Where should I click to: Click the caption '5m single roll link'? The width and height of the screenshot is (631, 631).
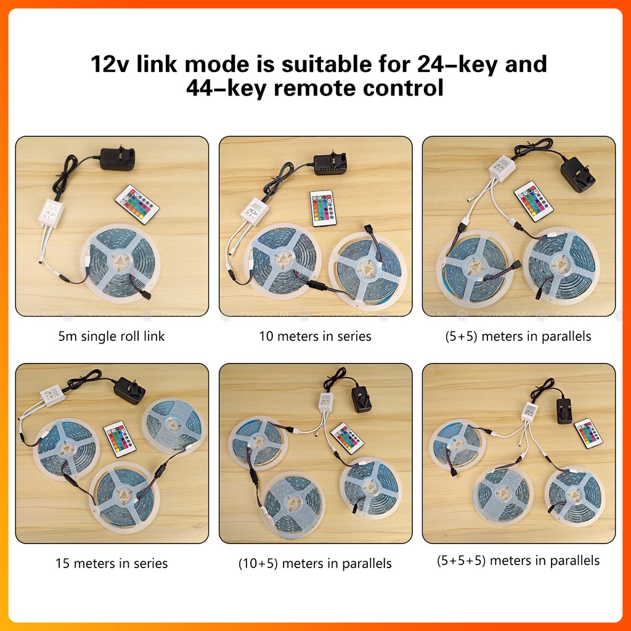pyautogui.click(x=112, y=336)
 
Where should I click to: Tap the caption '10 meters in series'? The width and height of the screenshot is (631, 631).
pyautogui.click(x=315, y=336)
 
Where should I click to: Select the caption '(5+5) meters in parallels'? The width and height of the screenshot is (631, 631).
pyautogui.click(x=518, y=336)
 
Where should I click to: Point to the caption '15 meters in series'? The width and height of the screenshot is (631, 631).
pyautogui.click(x=112, y=563)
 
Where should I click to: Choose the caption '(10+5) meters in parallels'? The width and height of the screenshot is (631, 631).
pyautogui.click(x=315, y=563)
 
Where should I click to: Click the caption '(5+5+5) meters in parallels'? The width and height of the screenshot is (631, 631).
pyautogui.click(x=518, y=560)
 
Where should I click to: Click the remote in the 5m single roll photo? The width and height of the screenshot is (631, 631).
pyautogui.click(x=137, y=205)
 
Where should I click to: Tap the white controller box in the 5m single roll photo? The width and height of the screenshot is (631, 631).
pyautogui.click(x=51, y=214)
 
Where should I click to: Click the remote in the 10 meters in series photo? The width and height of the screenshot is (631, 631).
pyautogui.click(x=323, y=208)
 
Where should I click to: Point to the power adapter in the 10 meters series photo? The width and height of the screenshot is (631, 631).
pyautogui.click(x=330, y=164)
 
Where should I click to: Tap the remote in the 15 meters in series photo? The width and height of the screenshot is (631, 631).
pyautogui.click(x=120, y=439)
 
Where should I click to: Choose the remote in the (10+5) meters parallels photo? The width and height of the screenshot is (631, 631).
pyautogui.click(x=348, y=438)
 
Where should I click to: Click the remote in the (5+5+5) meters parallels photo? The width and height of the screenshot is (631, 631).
pyautogui.click(x=588, y=433)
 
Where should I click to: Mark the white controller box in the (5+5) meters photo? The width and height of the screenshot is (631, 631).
pyautogui.click(x=502, y=168)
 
